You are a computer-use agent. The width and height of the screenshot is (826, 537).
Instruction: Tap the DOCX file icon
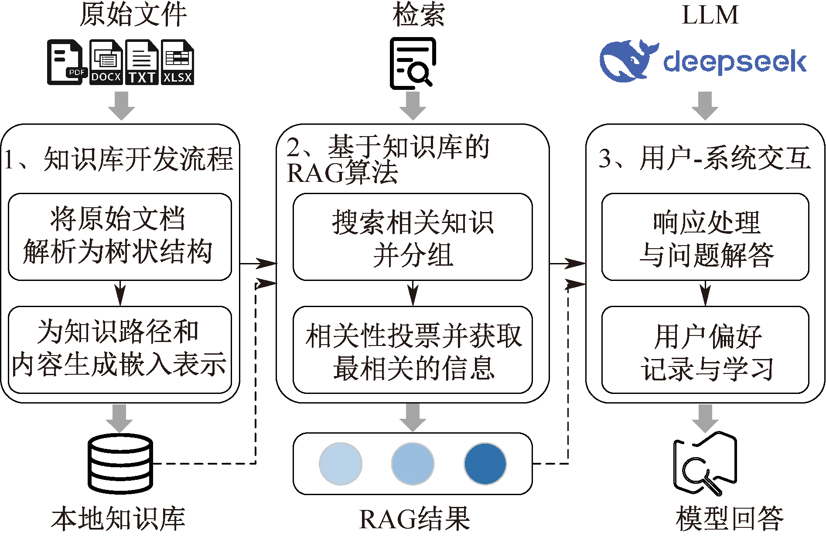coord(106,62)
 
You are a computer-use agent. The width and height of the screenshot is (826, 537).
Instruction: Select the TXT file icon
coord(142,62)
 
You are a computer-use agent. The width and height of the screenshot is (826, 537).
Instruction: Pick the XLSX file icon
coord(177,62)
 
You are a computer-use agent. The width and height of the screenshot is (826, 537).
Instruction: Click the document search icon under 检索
coord(413,64)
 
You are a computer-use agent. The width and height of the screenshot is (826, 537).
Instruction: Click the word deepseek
coord(735,62)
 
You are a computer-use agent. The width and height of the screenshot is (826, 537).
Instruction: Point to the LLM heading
coord(710,15)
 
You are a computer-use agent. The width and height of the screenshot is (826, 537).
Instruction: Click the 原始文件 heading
coord(133,15)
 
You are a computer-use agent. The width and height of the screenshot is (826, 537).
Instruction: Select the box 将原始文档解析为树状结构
coord(120,236)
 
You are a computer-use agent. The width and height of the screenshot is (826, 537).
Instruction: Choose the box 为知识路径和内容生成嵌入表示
coord(120,349)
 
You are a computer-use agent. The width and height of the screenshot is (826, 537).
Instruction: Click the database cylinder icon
coord(120,463)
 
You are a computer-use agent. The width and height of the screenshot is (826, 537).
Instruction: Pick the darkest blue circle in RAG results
coord(485,464)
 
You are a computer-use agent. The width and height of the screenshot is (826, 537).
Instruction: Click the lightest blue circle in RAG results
coord(341,464)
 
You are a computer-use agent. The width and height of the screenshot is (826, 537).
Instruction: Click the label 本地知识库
coord(118,519)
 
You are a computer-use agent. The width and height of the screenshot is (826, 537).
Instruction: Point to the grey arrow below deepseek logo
coord(705,106)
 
